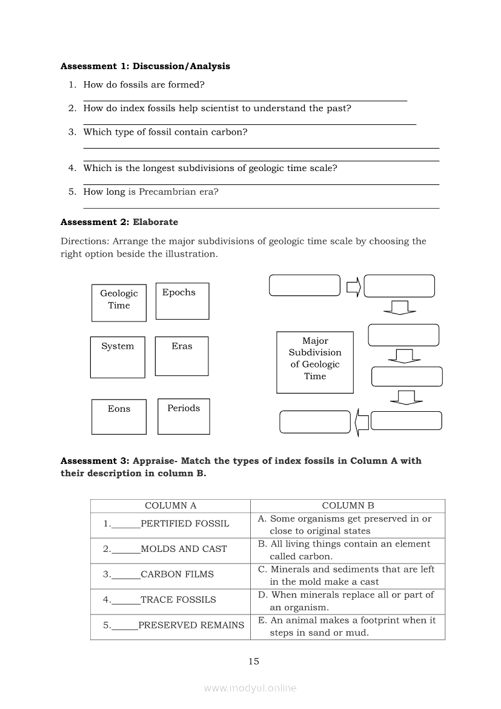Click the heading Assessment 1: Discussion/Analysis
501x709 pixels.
[145, 66]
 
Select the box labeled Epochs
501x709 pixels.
[182, 301]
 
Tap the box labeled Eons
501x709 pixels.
[119, 416]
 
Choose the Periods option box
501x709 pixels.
[184, 416]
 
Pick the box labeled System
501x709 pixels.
[118, 357]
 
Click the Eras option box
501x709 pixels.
[182, 356]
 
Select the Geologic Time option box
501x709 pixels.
[119, 303]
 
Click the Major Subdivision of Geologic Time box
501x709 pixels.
[315, 362]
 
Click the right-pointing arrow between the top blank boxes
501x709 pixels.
[354, 286]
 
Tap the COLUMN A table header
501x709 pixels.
[170, 506]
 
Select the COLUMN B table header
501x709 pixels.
[348, 506]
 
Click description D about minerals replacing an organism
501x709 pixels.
[347, 601]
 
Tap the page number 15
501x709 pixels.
[254, 661]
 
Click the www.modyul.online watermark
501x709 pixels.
[250, 688]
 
